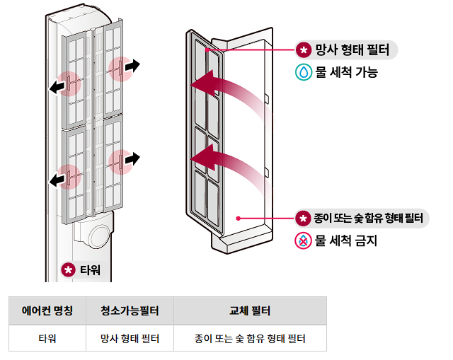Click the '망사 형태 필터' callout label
[x=347, y=50]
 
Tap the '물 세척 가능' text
[x=346, y=72]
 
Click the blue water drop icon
[x=303, y=72]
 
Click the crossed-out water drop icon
[x=303, y=240]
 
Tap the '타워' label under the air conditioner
[x=82, y=269]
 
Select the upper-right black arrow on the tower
[x=131, y=66]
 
